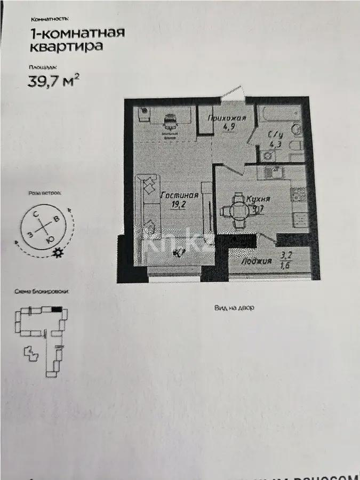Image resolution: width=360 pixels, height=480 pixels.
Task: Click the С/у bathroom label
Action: tap(275, 134)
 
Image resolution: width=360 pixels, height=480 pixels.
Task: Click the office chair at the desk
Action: tap(170, 122)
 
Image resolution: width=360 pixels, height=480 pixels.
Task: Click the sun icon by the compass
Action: tap(57, 253)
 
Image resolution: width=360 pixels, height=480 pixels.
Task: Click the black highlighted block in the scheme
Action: tap(57, 308)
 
